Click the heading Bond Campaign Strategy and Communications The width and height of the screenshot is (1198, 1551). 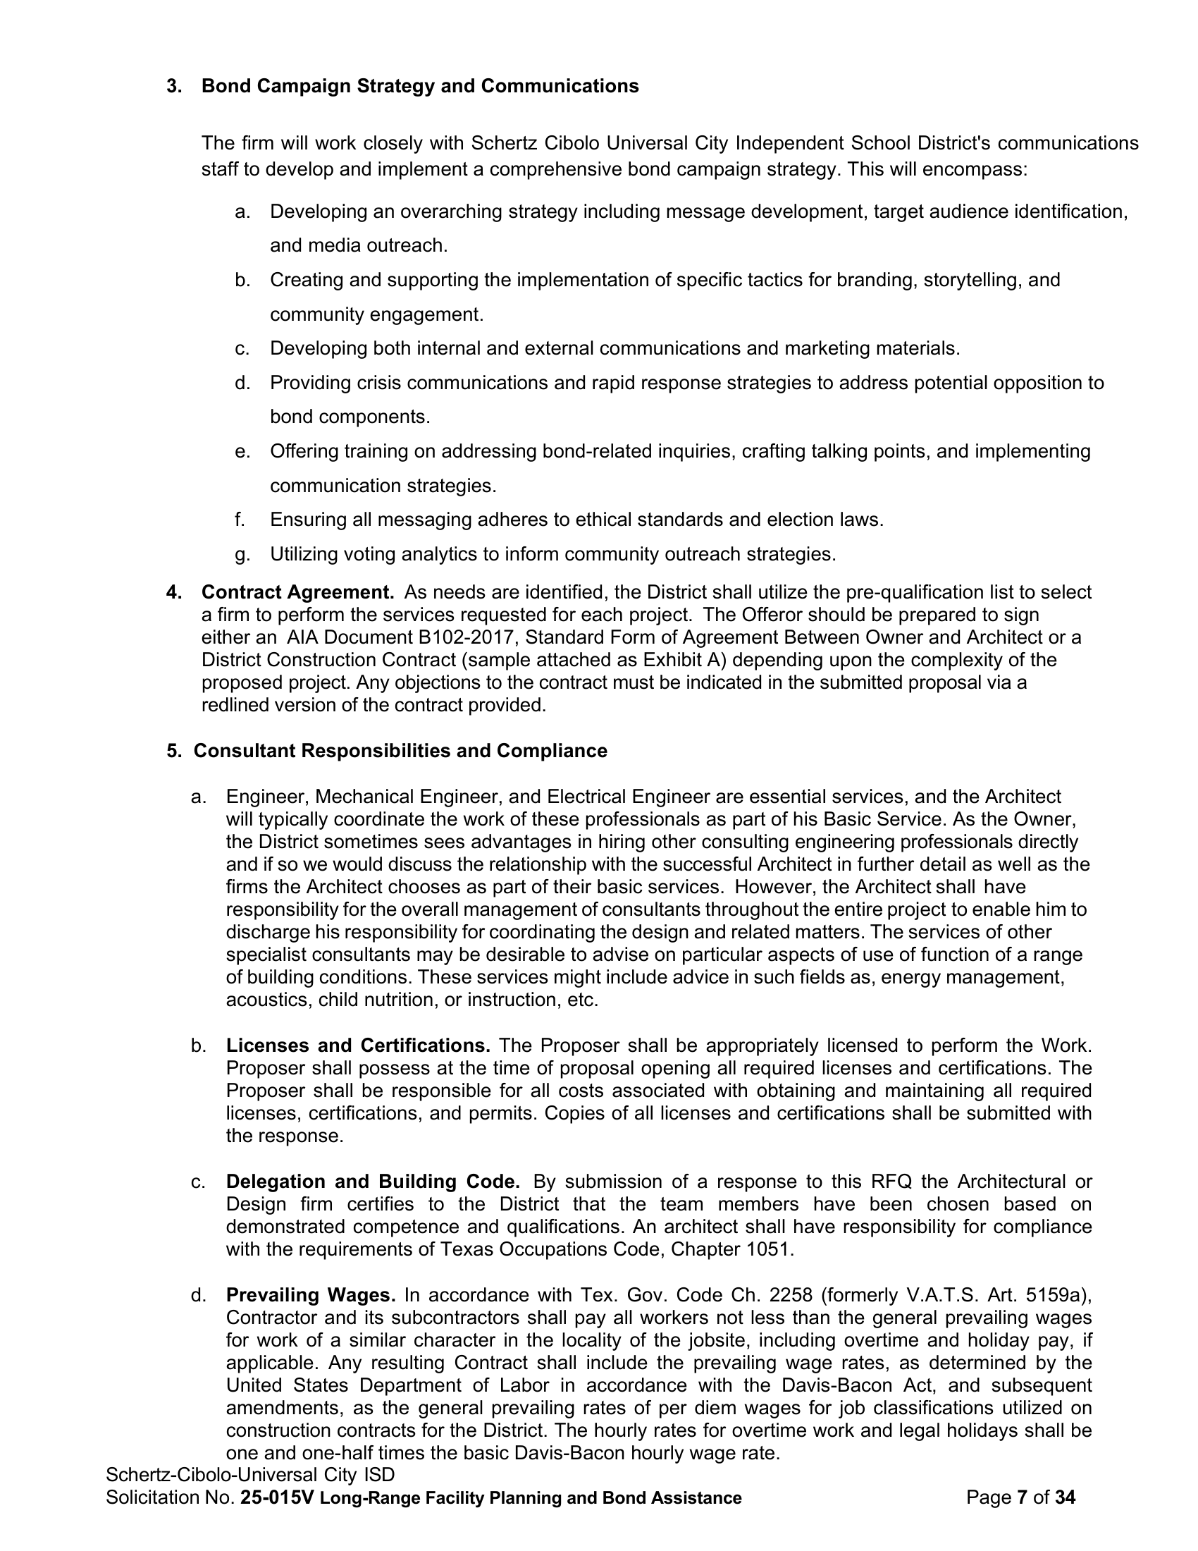click(420, 86)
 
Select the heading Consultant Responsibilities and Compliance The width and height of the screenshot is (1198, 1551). click(400, 751)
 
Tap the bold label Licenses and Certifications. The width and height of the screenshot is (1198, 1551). click(359, 1046)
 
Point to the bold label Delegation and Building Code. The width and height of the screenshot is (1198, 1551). click(373, 1182)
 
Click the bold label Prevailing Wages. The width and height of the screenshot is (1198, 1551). click(310, 1295)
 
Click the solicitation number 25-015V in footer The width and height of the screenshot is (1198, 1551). click(277, 1497)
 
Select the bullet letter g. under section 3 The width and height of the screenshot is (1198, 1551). click(242, 554)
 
